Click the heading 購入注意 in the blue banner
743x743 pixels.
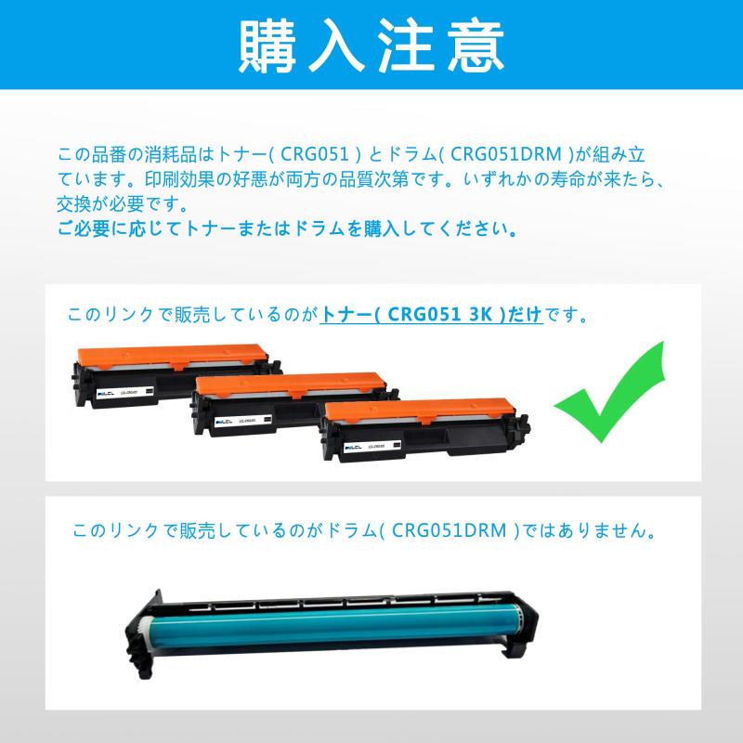click(371, 45)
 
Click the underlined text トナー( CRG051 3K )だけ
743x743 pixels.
click(431, 315)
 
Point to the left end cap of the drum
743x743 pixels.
click(144, 636)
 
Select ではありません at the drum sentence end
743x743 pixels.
click(594, 531)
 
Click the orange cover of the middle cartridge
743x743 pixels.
click(290, 381)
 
